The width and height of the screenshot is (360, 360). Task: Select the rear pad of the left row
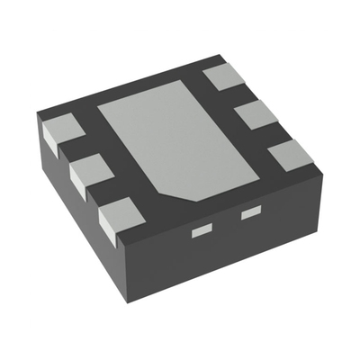click(59, 130)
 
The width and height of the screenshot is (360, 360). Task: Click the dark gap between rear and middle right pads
click(241, 97)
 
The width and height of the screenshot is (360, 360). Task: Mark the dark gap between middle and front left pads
click(103, 193)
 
